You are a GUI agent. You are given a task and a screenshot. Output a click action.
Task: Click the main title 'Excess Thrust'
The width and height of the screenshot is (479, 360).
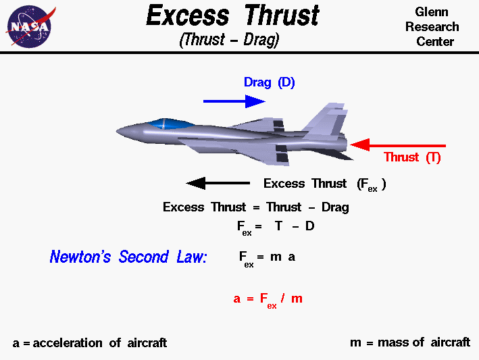click(x=233, y=16)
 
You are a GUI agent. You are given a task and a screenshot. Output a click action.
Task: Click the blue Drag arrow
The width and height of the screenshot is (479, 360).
click(x=234, y=101)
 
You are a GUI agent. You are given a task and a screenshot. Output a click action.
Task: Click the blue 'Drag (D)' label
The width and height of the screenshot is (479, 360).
click(x=269, y=83)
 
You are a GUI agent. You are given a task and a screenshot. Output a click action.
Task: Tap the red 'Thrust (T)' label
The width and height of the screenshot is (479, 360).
click(x=412, y=157)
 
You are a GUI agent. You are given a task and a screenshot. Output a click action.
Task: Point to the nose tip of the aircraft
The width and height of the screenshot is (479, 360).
click(x=119, y=130)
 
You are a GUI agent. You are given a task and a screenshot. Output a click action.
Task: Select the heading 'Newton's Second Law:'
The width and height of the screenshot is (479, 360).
click(x=128, y=257)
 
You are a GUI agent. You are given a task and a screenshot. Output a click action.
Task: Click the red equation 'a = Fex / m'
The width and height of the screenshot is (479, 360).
click(x=268, y=299)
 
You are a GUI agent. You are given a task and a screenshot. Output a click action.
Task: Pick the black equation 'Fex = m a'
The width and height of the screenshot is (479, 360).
click(x=267, y=258)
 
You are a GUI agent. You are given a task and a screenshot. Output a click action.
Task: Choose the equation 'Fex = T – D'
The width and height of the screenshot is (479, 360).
click(x=276, y=227)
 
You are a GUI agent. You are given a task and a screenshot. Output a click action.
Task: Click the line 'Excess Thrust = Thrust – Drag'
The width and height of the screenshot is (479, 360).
click(x=255, y=207)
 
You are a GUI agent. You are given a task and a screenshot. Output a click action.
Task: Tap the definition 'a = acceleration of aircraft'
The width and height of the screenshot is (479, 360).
click(x=90, y=343)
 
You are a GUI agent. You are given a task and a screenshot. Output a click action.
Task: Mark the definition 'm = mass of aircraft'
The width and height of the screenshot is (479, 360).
click(x=409, y=342)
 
